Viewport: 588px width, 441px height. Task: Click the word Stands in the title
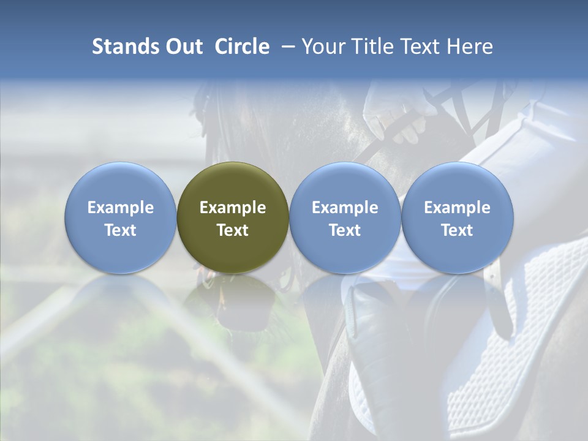point(126,47)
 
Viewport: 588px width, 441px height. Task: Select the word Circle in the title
point(242,47)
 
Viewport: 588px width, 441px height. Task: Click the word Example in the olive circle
point(233,208)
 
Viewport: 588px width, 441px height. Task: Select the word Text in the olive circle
point(233,230)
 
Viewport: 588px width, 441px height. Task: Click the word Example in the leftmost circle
point(121,208)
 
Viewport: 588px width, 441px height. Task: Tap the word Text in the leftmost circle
point(121,230)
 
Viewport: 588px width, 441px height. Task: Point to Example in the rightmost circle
point(458,208)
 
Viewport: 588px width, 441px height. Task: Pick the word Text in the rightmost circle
point(458,230)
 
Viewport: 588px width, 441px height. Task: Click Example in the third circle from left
point(345,208)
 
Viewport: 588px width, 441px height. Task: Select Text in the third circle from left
point(345,230)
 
